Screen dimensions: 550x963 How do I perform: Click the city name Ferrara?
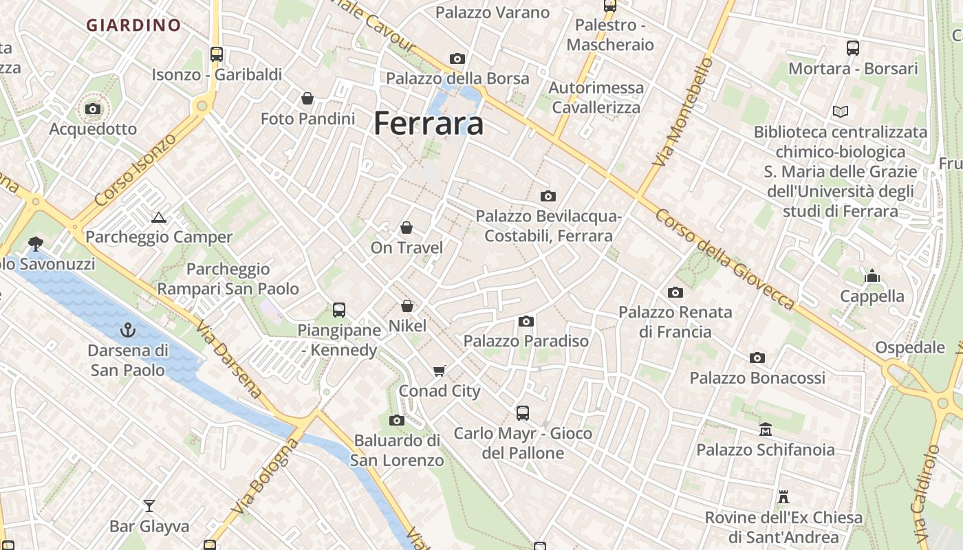[429, 124]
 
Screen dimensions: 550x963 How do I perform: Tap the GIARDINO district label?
[133, 25]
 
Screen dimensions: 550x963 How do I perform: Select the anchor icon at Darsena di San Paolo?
[128, 331]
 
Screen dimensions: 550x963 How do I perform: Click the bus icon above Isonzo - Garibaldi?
[217, 54]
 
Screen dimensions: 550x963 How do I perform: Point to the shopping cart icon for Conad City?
[440, 371]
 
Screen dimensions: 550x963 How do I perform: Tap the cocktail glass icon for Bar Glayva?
[149, 507]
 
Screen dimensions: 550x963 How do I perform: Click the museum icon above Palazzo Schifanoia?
[766, 430]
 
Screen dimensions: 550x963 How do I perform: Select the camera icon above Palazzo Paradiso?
[526, 321]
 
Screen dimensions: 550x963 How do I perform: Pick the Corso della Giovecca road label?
[724, 259]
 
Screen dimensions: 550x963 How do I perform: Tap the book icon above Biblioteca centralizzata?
[840, 111]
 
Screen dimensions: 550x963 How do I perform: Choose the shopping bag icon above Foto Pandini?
[307, 99]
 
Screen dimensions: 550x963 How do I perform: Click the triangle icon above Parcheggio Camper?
[159, 218]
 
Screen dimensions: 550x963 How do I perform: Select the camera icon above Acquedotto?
[93, 109]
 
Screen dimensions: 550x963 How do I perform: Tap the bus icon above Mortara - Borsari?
[853, 48]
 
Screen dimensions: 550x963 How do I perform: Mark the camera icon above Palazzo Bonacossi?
[757, 357]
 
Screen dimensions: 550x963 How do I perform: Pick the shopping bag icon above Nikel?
[407, 306]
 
